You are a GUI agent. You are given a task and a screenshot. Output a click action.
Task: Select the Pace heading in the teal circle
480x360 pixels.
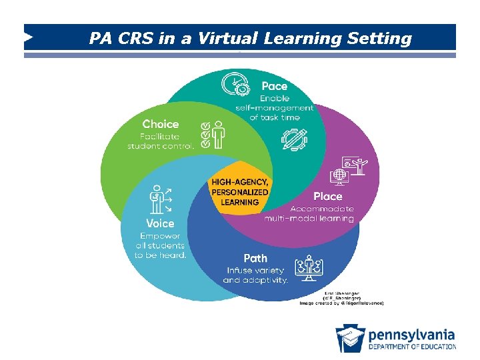point(275,86)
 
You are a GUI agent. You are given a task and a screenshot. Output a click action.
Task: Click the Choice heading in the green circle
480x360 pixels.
point(161,124)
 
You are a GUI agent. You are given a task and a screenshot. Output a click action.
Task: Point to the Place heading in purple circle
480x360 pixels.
point(328,196)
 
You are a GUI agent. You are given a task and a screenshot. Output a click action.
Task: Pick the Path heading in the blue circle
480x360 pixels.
point(255,257)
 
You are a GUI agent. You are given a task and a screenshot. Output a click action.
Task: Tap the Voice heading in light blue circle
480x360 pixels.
point(160,223)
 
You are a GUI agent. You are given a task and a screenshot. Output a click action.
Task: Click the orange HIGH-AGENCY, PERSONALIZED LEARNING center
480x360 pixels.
point(240,192)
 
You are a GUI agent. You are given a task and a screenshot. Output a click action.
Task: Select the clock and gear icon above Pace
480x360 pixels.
point(237,85)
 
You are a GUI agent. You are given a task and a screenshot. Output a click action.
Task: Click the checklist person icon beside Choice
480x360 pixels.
point(213,133)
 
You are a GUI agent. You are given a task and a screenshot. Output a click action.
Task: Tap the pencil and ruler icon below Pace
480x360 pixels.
point(294,139)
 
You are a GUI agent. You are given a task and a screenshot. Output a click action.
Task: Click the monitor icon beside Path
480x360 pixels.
point(309,267)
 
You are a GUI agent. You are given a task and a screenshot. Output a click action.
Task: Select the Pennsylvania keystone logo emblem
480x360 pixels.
point(350,337)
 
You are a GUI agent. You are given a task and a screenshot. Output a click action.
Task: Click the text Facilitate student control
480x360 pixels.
point(161,140)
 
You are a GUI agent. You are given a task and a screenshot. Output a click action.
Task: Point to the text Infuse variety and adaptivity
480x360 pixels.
point(255,275)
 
